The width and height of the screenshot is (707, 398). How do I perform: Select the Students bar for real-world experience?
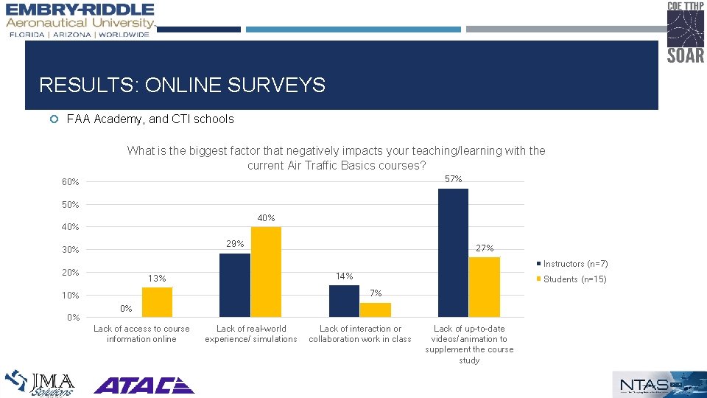tap(266, 272)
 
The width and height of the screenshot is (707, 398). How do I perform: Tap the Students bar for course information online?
tap(157, 302)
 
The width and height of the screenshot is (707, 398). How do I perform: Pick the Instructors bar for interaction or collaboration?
tap(344, 301)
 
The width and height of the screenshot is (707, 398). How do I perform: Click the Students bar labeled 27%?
tap(484, 287)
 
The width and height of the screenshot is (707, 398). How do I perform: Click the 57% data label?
tap(454, 179)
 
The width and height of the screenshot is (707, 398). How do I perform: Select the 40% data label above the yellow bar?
tap(266, 217)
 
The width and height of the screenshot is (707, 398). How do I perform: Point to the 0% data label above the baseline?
tap(127, 308)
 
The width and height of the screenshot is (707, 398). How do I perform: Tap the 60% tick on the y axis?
tap(71, 182)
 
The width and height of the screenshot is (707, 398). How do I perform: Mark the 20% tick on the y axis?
tap(71, 273)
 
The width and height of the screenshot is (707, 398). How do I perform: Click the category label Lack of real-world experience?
tap(251, 334)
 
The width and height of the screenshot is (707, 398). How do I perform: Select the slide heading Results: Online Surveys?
tap(182, 85)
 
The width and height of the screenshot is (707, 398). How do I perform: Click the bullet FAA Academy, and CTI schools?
tap(150, 119)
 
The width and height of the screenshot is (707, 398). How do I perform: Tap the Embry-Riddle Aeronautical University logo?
tap(80, 20)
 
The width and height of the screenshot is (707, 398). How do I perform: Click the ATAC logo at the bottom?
tap(144, 385)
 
